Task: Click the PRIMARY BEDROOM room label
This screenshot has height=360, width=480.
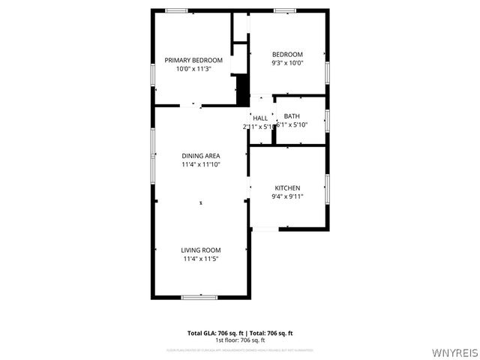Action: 193,60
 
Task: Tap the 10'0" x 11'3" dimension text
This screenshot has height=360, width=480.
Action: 193,68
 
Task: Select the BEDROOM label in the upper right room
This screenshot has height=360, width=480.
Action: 287,55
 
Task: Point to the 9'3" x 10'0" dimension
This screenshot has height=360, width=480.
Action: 287,63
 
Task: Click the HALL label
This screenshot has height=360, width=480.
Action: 260,118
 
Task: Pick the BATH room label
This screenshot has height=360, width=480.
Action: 292,116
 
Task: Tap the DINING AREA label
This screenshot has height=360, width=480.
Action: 200,156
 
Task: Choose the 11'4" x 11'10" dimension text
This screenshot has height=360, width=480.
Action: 200,164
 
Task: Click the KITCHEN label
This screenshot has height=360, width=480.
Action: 287,188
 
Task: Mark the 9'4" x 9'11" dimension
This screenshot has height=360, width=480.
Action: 287,196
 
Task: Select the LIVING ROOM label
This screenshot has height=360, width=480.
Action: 200,250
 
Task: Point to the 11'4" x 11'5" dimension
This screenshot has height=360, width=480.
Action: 200,259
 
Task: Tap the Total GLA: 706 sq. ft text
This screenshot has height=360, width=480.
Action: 214,333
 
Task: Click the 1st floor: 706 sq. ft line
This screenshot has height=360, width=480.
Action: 240,340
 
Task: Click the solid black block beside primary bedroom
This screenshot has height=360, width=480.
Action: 241,89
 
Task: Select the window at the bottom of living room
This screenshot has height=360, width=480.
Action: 199,297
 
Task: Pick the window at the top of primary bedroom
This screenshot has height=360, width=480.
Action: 176,10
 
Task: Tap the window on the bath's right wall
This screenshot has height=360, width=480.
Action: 327,120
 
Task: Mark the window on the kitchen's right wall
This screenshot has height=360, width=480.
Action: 327,185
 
